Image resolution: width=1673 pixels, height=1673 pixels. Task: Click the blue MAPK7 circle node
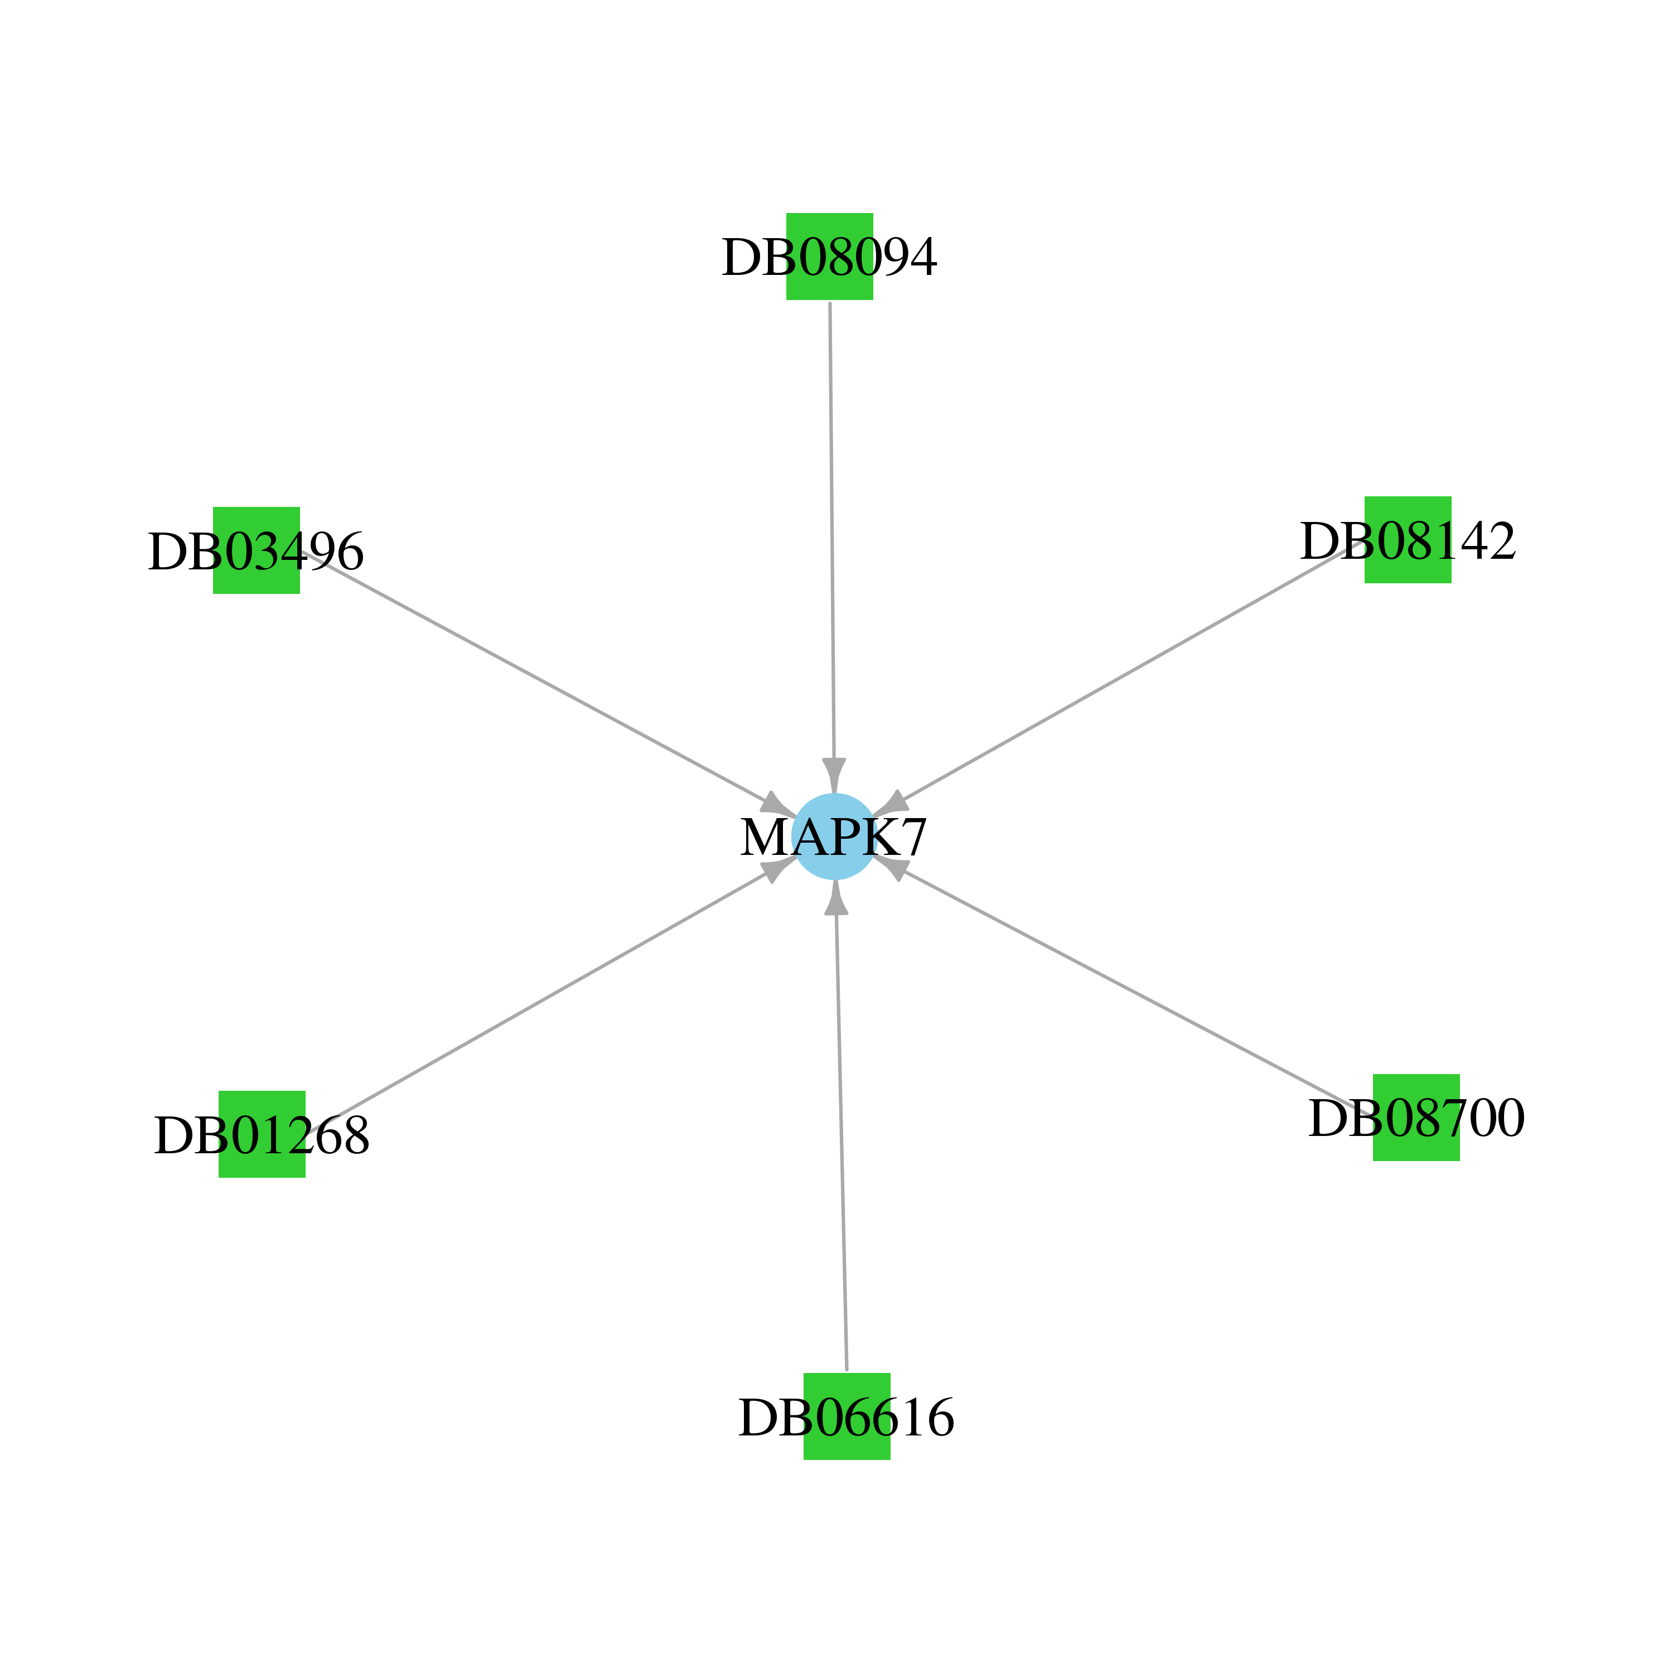[835, 836]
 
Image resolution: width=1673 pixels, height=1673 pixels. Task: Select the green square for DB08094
[830, 257]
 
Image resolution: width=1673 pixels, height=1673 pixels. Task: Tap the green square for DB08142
[1408, 539]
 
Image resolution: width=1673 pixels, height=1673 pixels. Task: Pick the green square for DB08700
[1416, 1117]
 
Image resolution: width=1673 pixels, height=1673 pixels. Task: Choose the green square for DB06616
[847, 1416]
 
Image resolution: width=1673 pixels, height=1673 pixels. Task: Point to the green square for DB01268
[262, 1134]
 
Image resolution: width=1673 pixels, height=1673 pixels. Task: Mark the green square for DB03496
[257, 550]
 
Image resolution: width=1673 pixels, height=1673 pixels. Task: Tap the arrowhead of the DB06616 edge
[835, 897]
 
